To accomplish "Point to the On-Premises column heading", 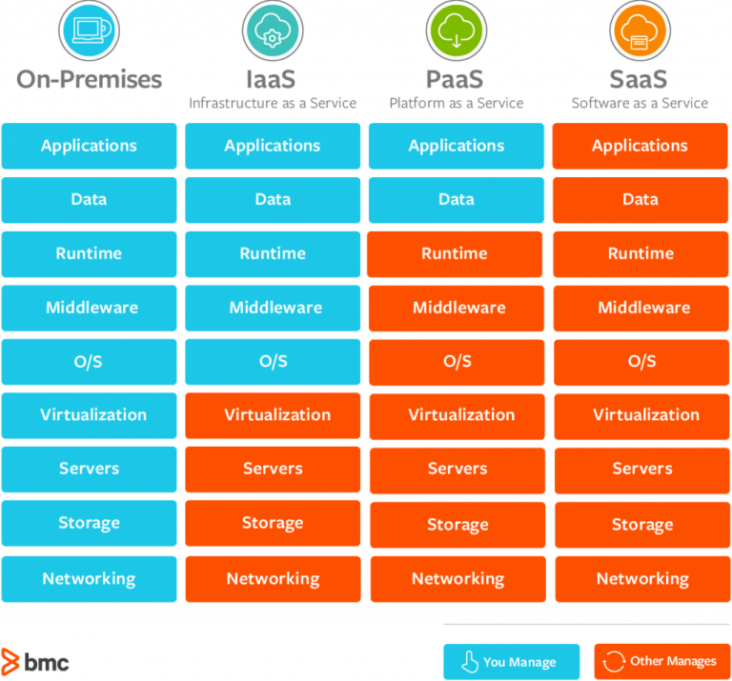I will (x=90, y=79).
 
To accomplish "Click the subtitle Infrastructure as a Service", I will (x=273, y=103).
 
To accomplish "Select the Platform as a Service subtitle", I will (x=457, y=103).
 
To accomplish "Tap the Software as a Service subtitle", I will (x=640, y=103).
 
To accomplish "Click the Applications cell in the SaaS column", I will (x=640, y=146).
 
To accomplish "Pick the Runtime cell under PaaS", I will (x=457, y=253).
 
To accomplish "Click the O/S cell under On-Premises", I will (x=90, y=361).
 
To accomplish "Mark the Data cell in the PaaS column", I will (x=457, y=200).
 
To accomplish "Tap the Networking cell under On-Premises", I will (x=90, y=579).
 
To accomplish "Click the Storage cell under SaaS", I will (x=640, y=525).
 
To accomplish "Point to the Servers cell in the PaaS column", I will (x=457, y=470).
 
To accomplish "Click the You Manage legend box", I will (x=512, y=661).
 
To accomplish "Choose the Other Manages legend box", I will (x=661, y=661).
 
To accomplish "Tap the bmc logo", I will (x=35, y=661).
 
